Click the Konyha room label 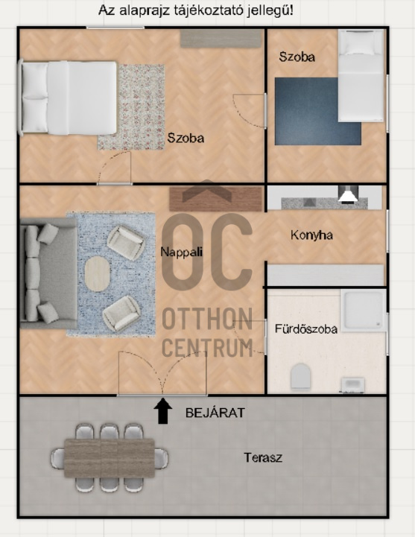pyautogui.click(x=311, y=235)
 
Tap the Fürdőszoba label pyautogui.click(x=306, y=328)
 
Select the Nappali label pyautogui.click(x=182, y=252)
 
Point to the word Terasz pyautogui.click(x=263, y=457)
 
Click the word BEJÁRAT pyautogui.click(x=215, y=413)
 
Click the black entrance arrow pyautogui.click(x=162, y=410)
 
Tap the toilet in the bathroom pyautogui.click(x=300, y=377)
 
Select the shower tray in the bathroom pyautogui.click(x=364, y=311)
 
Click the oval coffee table pyautogui.click(x=98, y=273)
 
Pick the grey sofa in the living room pyautogui.click(x=48, y=273)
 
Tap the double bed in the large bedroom pyautogui.click(x=68, y=98)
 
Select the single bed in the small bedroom pyautogui.click(x=361, y=76)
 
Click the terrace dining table pyautogui.click(x=110, y=458)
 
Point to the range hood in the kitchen pyautogui.click(x=348, y=194)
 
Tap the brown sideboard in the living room pyautogui.click(x=216, y=199)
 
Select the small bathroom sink pyautogui.click(x=352, y=385)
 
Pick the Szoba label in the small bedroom pyautogui.click(x=297, y=57)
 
